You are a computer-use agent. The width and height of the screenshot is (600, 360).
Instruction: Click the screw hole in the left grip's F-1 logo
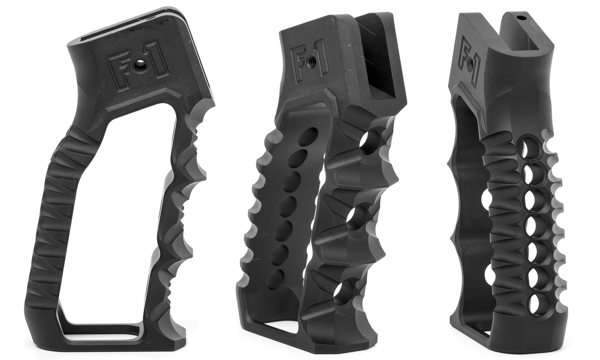139,65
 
